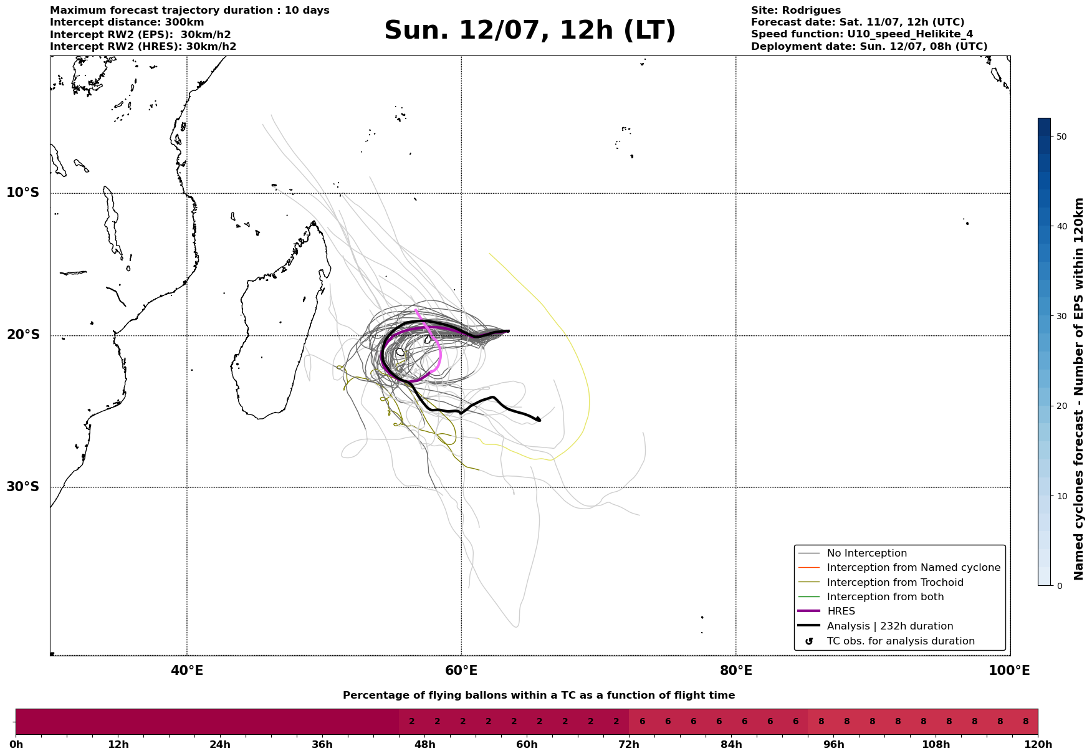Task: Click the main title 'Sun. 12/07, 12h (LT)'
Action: click(530, 31)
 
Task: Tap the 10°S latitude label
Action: click(23, 193)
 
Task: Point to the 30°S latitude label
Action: click(23, 487)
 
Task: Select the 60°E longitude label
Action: click(461, 671)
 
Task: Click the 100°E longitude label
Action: click(1010, 671)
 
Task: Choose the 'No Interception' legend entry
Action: click(867, 553)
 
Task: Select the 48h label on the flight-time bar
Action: click(424, 745)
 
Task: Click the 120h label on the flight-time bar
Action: click(1038, 745)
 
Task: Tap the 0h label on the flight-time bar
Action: click(16, 745)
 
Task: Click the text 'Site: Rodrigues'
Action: click(796, 11)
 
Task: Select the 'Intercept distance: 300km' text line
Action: click(127, 22)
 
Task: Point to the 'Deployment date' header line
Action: click(869, 47)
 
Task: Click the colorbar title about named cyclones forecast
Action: click(1080, 389)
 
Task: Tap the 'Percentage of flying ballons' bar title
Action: click(539, 696)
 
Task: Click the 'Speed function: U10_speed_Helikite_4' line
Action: click(862, 34)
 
